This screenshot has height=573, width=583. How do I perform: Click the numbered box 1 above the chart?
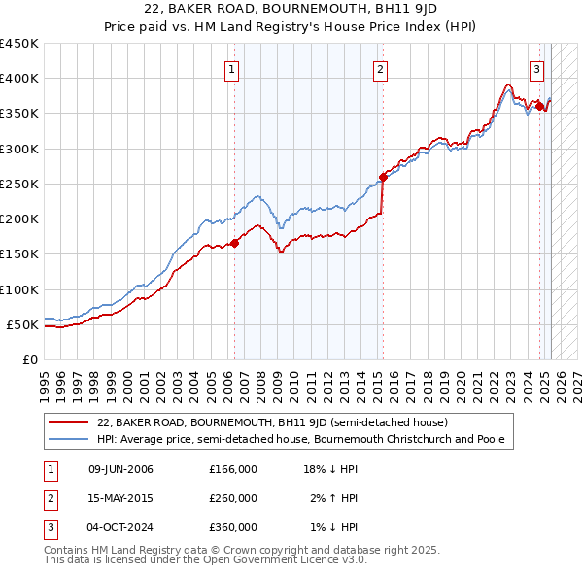coord(233,69)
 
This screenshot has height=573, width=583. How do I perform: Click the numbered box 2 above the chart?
coord(379,69)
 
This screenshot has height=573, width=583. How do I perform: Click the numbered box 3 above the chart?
coord(536,69)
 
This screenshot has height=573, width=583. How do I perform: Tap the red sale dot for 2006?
coord(234,243)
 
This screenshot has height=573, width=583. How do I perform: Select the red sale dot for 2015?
coord(383,177)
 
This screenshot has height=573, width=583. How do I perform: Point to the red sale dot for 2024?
coord(539,106)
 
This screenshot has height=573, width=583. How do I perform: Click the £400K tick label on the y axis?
coord(19,79)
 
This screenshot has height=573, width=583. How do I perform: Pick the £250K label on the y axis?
coord(19,184)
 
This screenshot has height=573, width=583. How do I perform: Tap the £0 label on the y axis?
coord(30,359)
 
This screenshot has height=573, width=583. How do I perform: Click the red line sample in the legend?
coord(68,423)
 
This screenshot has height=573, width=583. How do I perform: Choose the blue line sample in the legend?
coord(68,439)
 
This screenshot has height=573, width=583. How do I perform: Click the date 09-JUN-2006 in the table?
coord(120,470)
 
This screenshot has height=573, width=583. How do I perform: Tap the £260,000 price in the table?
coord(233,499)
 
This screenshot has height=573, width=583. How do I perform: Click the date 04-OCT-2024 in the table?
coord(120,527)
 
